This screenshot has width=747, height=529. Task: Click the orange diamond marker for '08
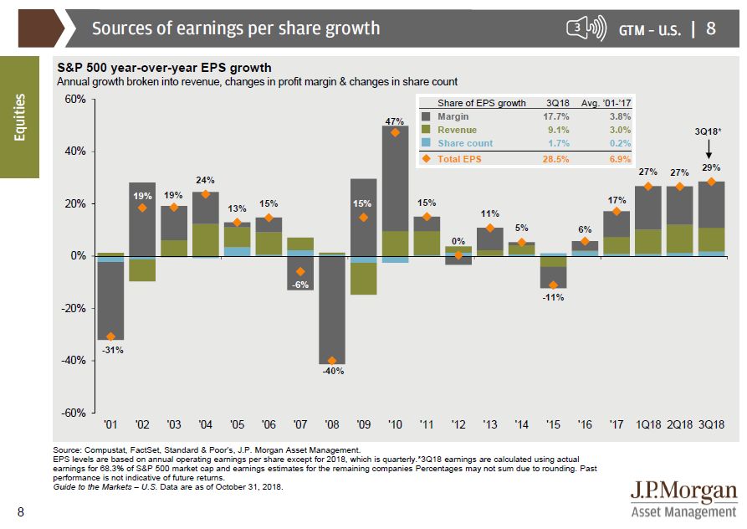[332, 361]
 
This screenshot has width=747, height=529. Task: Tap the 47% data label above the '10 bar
[395, 121]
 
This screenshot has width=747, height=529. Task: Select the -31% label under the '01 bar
[112, 349]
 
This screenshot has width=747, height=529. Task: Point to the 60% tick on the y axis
[75, 100]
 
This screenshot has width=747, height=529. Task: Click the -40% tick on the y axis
[74, 361]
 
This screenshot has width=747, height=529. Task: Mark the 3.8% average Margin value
[620, 117]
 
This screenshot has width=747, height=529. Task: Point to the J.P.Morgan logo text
[684, 491]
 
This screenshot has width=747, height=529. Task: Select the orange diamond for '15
[553, 285]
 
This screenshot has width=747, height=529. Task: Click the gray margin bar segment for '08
[332, 310]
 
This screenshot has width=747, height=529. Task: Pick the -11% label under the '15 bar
[554, 298]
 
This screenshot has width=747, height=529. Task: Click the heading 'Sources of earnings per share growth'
[235, 28]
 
